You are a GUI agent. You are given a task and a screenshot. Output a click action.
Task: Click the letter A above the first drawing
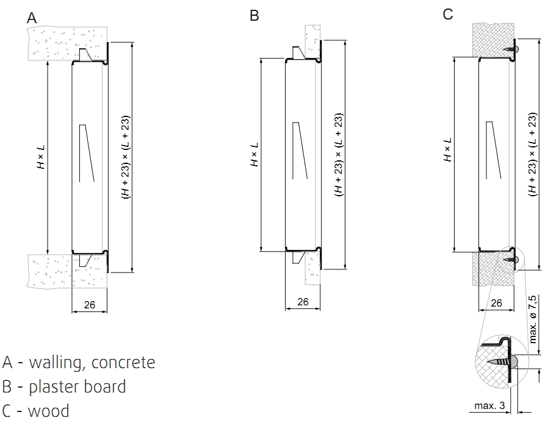pyautogui.click(x=32, y=18)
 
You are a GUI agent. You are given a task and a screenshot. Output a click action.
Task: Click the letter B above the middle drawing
pyautogui.click(x=254, y=16)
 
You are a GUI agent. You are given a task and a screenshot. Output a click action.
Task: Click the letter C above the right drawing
pyautogui.click(x=448, y=14)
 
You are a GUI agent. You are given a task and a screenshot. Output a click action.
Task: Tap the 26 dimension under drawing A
pyautogui.click(x=90, y=305)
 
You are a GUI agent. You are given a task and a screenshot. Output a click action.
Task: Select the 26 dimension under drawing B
pyautogui.click(x=303, y=302)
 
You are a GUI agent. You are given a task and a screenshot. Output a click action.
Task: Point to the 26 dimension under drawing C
pyautogui.click(x=496, y=303)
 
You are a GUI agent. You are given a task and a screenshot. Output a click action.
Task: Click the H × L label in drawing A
pyautogui.click(x=41, y=157)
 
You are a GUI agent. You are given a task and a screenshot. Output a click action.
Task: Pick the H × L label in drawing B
pyautogui.click(x=254, y=154)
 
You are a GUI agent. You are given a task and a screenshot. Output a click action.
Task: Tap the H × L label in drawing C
pyautogui.click(x=448, y=150)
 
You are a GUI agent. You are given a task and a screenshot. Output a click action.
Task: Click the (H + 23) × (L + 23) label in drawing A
pyautogui.click(x=126, y=157)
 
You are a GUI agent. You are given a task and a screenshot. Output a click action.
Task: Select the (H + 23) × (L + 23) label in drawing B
pyautogui.click(x=339, y=155)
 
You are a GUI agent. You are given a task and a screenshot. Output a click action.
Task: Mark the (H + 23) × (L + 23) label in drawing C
pyautogui.click(x=532, y=154)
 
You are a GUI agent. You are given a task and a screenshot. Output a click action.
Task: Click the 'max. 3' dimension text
pyautogui.click(x=489, y=405)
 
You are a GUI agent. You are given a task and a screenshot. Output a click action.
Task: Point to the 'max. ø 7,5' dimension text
pyautogui.click(x=532, y=319)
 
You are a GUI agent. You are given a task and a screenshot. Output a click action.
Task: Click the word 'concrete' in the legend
pyautogui.click(x=123, y=362)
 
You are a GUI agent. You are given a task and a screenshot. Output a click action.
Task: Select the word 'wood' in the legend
pyautogui.click(x=49, y=411)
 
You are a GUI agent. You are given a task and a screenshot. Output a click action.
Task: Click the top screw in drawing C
pyautogui.click(x=511, y=49)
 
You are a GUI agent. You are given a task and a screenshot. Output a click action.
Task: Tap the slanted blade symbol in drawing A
pyautogui.click(x=87, y=153)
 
